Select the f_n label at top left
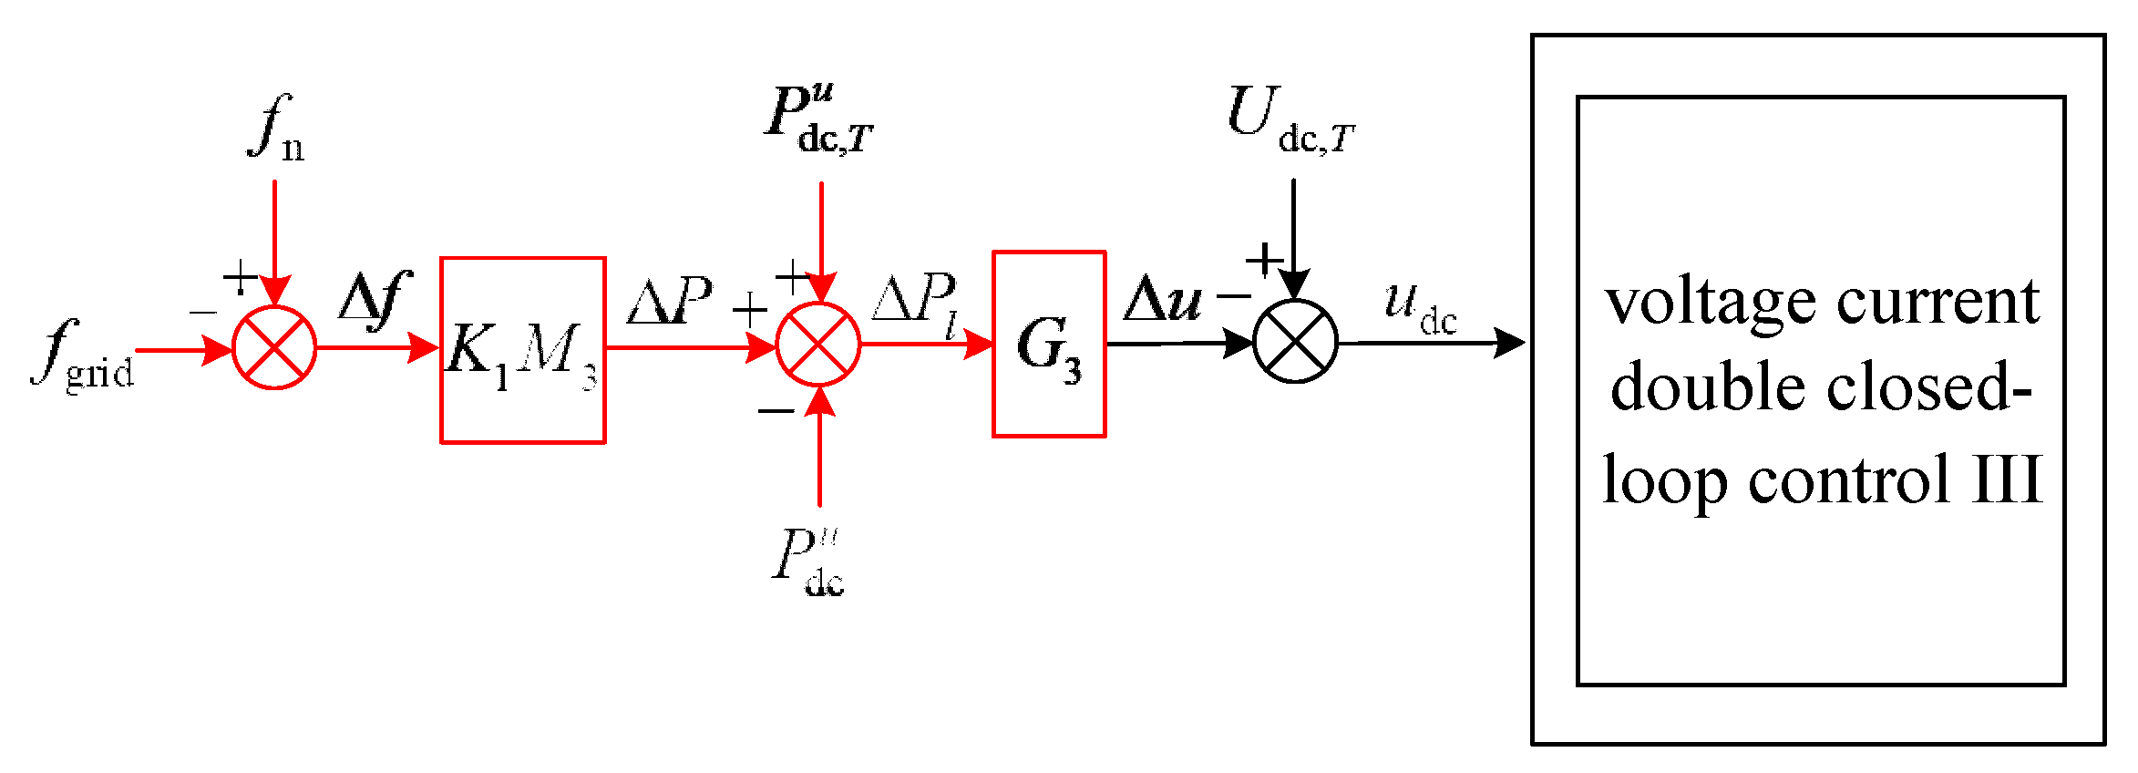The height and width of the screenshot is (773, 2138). (x=276, y=128)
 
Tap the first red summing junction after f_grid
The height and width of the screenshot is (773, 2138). (x=274, y=348)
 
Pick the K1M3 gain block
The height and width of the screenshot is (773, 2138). (x=522, y=350)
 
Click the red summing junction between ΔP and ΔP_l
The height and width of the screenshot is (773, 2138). (x=818, y=345)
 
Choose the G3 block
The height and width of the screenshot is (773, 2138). (x=1049, y=345)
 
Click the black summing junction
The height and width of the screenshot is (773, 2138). (x=1295, y=342)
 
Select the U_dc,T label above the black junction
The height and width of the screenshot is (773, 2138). (x=1290, y=120)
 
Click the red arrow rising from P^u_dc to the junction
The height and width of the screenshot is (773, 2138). (x=819, y=451)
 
